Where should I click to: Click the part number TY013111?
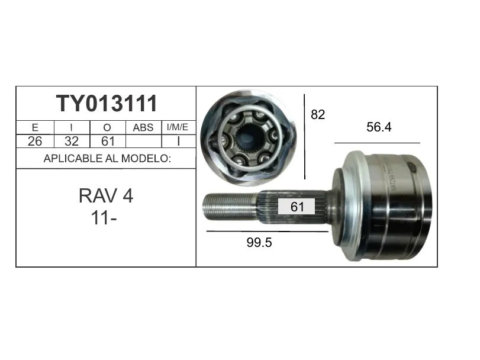click(x=107, y=103)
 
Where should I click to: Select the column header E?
click(x=35, y=127)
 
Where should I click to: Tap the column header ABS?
click(x=143, y=127)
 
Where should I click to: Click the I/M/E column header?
click(x=177, y=127)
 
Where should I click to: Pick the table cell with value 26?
click(x=35, y=141)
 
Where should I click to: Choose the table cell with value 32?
click(x=72, y=141)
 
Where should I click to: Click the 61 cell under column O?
click(x=108, y=141)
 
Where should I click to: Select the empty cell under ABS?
click(x=144, y=141)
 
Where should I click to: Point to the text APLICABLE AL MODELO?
click(x=107, y=159)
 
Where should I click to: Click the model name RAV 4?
click(x=106, y=195)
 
